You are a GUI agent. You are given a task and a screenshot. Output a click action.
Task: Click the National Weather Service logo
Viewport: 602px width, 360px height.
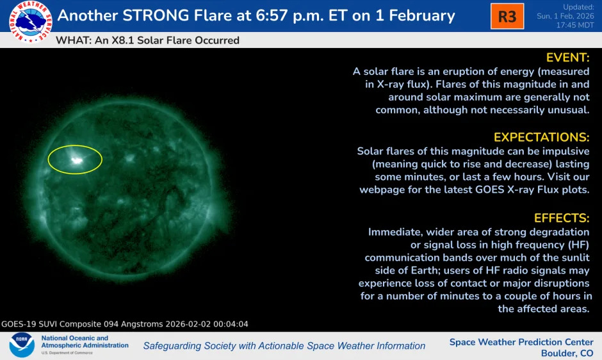pos(30,22)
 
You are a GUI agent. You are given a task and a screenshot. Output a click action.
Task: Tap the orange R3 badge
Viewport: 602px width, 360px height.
pos(507,17)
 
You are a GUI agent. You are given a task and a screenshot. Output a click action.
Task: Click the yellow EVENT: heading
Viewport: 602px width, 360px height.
pos(567,58)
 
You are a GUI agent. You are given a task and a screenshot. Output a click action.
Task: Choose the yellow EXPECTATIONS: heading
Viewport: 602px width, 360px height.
pos(541,137)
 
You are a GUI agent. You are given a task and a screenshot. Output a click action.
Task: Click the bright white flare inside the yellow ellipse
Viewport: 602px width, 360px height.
pos(77,160)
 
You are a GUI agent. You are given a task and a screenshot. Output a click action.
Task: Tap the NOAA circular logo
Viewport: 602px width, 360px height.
pos(21,345)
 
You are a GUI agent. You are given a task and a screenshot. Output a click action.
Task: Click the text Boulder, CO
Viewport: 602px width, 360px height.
pos(567,354)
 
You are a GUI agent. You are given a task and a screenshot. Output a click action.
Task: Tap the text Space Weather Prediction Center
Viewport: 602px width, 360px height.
pos(521,342)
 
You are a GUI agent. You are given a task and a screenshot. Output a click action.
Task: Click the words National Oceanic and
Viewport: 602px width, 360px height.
pos(75,338)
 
